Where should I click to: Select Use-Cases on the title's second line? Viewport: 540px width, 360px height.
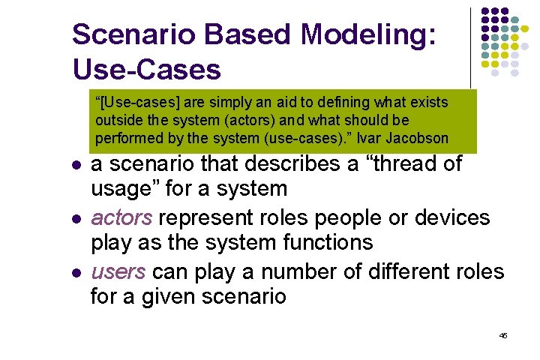[x=147, y=70]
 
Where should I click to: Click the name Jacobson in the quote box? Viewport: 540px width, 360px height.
[x=418, y=138]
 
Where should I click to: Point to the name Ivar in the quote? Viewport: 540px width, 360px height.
[x=371, y=138]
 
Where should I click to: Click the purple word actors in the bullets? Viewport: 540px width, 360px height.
[x=121, y=218]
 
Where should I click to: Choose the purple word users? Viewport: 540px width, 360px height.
[x=118, y=271]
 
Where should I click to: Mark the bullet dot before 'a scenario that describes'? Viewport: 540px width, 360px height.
[x=76, y=165]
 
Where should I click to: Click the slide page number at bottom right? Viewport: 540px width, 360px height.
[x=503, y=335]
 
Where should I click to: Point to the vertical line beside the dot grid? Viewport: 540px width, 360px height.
[x=471, y=45]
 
